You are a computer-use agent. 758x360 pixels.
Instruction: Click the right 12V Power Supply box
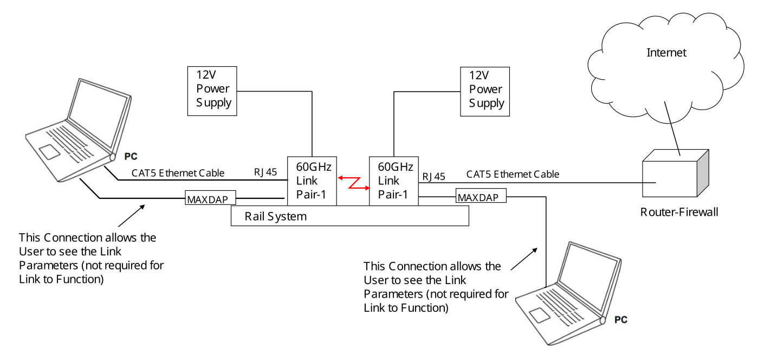click(x=485, y=91)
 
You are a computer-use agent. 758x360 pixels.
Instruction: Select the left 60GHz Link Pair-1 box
click(x=312, y=181)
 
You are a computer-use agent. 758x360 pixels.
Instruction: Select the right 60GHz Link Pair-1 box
click(x=394, y=181)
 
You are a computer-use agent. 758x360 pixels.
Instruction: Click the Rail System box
click(x=349, y=216)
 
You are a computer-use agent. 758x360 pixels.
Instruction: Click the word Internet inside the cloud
click(x=666, y=53)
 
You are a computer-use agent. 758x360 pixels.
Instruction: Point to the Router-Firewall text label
click(x=679, y=212)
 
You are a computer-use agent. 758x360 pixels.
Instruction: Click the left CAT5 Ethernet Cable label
click(x=178, y=173)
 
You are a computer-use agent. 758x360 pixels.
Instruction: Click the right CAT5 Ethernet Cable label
click(x=513, y=174)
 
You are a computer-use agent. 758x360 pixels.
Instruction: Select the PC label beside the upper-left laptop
click(x=131, y=156)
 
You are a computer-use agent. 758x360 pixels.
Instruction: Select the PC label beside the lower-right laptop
click(x=620, y=320)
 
